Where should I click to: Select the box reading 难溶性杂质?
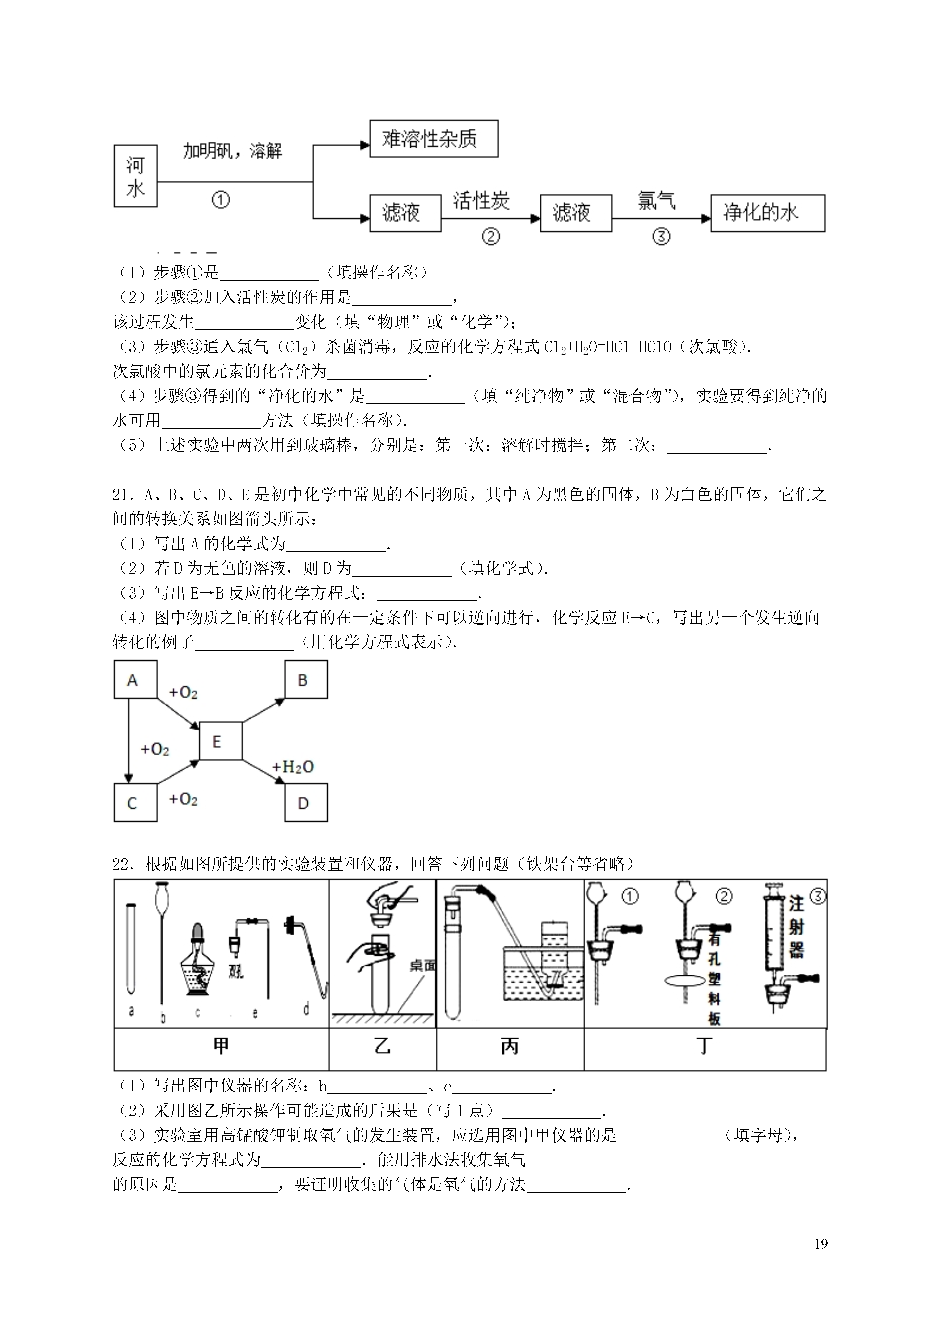pos(434,138)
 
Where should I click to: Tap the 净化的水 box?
pos(768,213)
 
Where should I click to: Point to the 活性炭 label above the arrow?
pos(481,201)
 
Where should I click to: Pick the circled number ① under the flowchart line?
pos(221,200)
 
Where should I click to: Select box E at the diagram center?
pos(221,741)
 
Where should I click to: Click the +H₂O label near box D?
pos(293,767)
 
